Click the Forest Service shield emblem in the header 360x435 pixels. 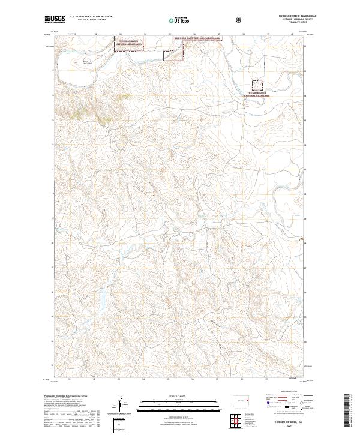(240, 20)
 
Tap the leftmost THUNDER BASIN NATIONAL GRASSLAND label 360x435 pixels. (130, 43)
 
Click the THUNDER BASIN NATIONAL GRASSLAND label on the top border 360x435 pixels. (197, 38)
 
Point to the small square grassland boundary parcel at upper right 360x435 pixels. (257, 85)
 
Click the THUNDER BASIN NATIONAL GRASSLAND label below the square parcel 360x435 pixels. (258, 94)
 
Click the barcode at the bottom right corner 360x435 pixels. (347, 411)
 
